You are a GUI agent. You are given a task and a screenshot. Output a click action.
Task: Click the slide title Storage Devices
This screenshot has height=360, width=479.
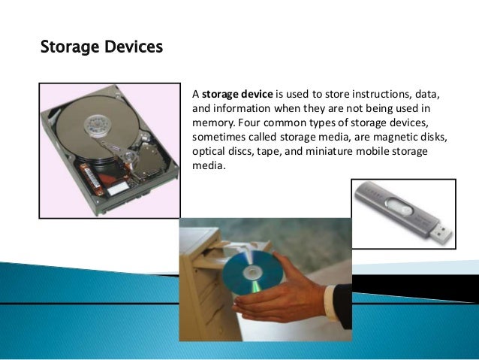point(101,48)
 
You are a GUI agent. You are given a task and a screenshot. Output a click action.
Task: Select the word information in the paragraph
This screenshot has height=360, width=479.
point(233,109)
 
